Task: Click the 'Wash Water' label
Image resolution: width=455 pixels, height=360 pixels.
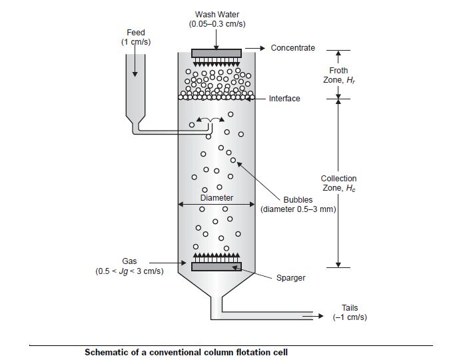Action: click(217, 14)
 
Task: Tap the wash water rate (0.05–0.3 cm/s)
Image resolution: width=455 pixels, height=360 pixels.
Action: click(217, 25)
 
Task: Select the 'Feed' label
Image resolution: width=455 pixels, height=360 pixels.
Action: click(135, 33)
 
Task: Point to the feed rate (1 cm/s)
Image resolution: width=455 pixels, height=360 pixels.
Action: click(135, 43)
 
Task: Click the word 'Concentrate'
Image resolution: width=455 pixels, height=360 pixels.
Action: click(293, 48)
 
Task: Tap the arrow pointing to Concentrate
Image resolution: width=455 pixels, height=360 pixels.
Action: click(256, 48)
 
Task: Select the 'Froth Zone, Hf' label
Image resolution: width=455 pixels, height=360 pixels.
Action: click(338, 75)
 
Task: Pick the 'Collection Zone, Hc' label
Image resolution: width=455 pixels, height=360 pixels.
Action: click(338, 183)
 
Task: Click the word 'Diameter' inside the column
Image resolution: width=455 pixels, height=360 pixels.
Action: click(217, 198)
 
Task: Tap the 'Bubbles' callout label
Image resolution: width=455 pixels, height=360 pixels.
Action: click(298, 200)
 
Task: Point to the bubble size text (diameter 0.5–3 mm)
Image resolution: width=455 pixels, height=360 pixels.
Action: click(298, 209)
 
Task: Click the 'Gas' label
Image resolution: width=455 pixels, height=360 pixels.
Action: click(129, 261)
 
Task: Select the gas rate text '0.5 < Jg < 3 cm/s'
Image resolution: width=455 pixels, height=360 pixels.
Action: click(129, 271)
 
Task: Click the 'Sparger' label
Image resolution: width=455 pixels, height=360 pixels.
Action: click(290, 277)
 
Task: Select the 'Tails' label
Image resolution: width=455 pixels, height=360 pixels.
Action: click(350, 307)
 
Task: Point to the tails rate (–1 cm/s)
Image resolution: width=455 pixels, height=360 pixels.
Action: click(350, 317)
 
